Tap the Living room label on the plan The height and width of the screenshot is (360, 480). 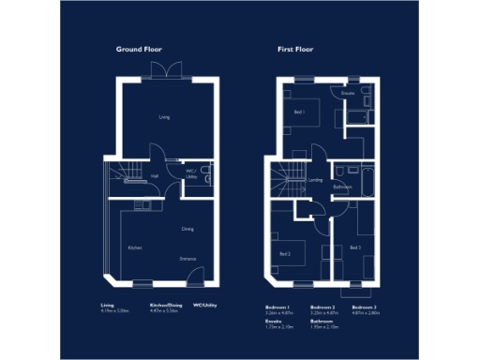(164, 117)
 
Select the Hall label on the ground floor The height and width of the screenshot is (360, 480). (155, 175)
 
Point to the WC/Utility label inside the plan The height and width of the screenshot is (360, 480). (190, 173)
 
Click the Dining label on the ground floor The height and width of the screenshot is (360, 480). (187, 228)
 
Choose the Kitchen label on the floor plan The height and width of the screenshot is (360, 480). (135, 247)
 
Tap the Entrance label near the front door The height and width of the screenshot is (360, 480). (187, 258)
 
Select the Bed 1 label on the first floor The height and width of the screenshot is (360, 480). (299, 111)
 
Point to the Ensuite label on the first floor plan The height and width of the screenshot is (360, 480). (348, 94)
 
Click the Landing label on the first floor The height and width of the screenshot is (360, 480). (316, 180)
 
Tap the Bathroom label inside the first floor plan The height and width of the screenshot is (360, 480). (343, 187)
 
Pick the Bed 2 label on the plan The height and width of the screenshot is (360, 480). (285, 253)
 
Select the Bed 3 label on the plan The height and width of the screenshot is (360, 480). (354, 247)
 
